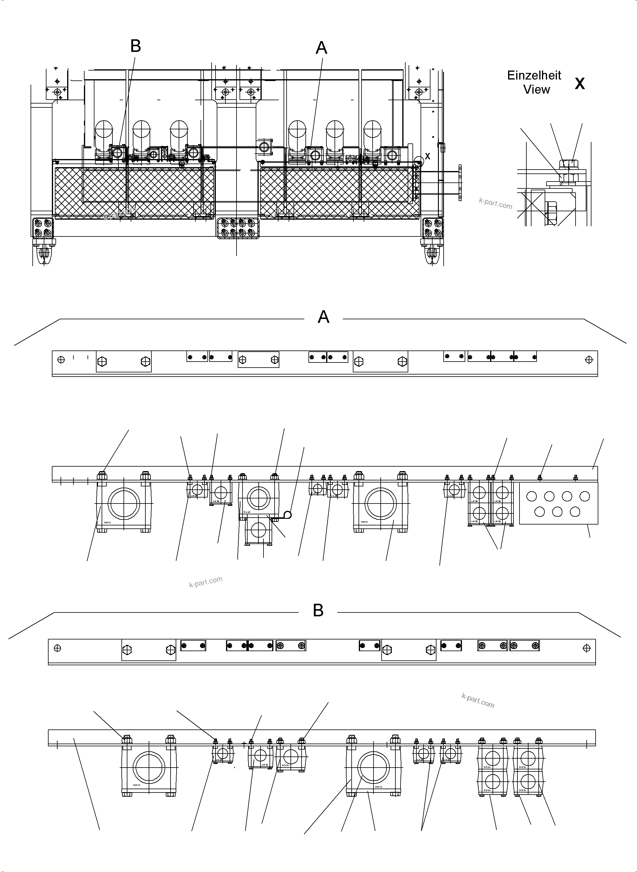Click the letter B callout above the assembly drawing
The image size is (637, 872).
point(135,46)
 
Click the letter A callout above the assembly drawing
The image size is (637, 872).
point(322,48)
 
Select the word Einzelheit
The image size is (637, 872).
point(534,75)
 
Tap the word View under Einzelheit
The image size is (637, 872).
point(536,89)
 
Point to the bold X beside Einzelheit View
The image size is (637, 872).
point(579,84)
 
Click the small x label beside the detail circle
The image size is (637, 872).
point(427,156)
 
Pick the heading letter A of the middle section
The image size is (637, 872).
point(323,317)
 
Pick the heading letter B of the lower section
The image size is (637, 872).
point(318,611)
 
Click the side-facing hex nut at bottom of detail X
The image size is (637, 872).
point(551,214)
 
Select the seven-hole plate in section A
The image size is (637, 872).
point(558,503)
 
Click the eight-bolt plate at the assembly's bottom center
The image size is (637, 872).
point(238,228)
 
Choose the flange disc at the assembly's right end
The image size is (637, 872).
point(460,182)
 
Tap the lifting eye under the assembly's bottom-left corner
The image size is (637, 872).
point(44,254)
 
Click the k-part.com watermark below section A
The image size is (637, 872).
point(206,582)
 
